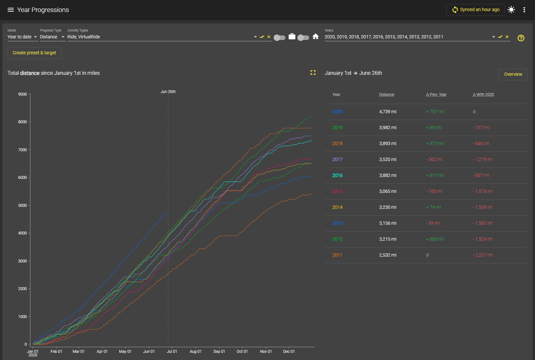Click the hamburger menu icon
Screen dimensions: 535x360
10,10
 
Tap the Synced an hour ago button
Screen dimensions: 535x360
475,9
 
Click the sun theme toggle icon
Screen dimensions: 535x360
511,10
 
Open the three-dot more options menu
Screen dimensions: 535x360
524,10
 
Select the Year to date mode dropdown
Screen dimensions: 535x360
22,37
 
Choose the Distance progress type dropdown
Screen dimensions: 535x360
52,37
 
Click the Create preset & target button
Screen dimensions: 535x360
34,53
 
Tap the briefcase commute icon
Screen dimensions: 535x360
292,36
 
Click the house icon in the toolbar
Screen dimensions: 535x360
316,36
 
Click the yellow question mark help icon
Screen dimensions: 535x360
521,38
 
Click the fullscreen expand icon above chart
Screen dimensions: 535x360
313,73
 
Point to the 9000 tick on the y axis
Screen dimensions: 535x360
22,94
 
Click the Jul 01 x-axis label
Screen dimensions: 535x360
172,352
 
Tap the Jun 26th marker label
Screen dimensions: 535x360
168,92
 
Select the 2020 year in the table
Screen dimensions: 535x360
337,112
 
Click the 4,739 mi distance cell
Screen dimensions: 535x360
388,112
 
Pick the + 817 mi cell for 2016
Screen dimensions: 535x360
435,175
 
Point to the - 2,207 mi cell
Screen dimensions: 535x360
482,255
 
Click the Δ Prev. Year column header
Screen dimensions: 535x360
436,95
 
